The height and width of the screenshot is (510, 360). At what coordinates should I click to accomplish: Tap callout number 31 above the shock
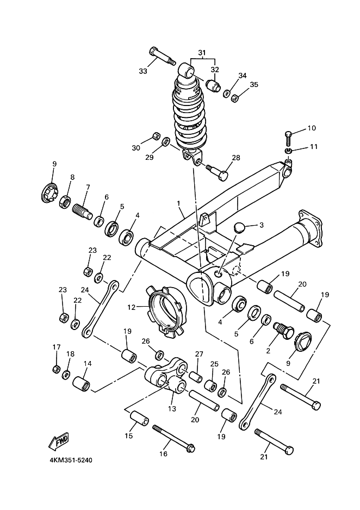202,53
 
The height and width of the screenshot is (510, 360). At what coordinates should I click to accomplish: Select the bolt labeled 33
162,57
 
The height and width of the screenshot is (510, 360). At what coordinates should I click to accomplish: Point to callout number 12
131,307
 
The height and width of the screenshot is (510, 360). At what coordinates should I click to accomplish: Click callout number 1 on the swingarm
178,203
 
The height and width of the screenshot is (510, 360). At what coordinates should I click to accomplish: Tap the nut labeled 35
236,98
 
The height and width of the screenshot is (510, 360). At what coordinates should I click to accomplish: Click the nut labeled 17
57,370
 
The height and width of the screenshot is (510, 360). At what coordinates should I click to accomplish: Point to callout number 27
200,354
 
